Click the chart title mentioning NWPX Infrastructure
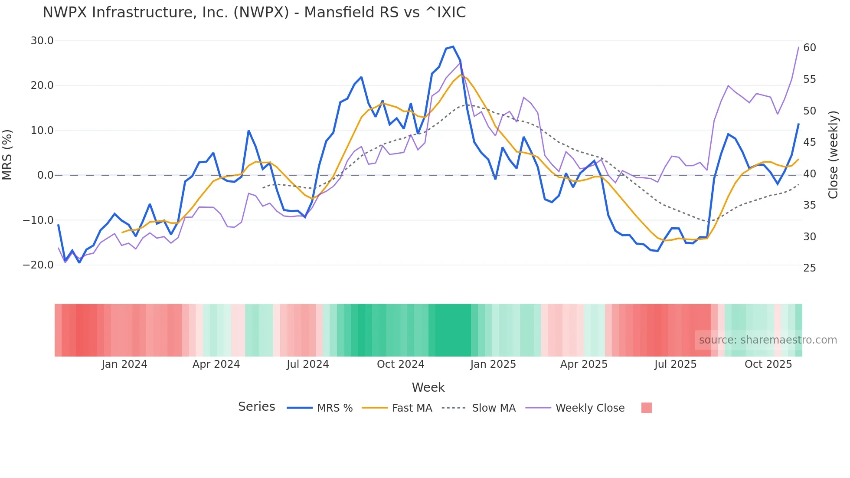[254, 13]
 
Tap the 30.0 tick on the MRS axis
[42, 41]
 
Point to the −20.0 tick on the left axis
[38, 265]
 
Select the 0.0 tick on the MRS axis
[45, 175]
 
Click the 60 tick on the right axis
[809, 48]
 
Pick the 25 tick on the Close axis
[809, 268]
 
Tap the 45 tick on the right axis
[809, 142]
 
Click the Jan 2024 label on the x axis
[124, 364]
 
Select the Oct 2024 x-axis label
[400, 364]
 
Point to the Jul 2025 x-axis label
[675, 364]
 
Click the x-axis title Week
[428, 387]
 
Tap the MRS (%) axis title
[7, 154]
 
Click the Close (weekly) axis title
[833, 155]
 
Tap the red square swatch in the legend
[646, 408]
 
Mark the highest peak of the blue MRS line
[453, 46]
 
